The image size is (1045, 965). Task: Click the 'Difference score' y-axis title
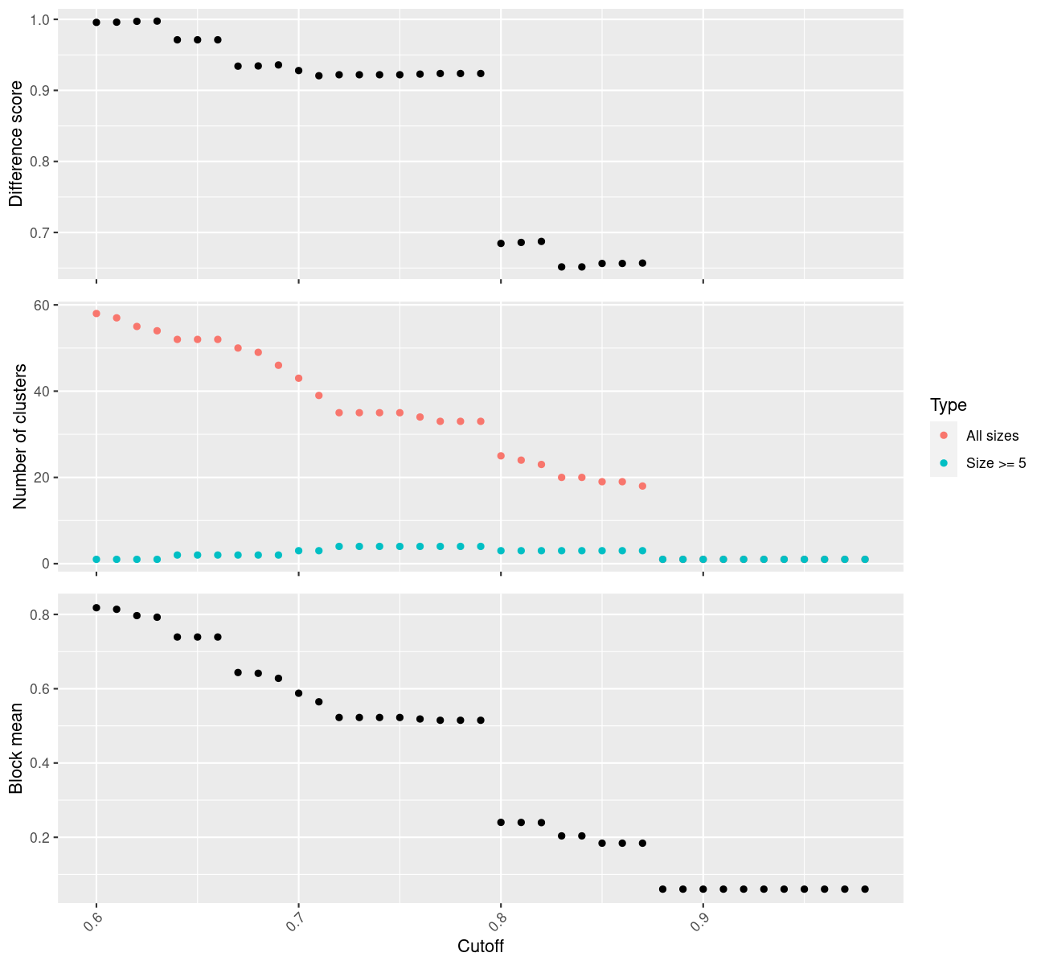(16, 144)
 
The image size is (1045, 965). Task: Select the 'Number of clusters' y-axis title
(21, 437)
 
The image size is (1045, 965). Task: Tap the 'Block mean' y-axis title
(16, 748)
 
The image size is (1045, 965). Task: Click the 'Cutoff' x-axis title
(481, 947)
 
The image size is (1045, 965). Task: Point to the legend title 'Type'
(948, 405)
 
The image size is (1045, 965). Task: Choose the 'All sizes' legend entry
(992, 436)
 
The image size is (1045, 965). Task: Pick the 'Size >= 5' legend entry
(996, 463)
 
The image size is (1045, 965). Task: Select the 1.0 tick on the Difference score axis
(38, 19)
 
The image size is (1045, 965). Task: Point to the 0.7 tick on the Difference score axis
(38, 232)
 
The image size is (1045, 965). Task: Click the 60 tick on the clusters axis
(41, 306)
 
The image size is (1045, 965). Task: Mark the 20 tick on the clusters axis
(41, 478)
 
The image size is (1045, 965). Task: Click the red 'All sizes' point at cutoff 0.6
(96, 314)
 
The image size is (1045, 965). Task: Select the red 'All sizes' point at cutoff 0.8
(501, 456)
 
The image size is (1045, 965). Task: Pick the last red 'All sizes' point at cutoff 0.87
(642, 486)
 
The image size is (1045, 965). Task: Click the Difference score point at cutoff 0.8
(501, 243)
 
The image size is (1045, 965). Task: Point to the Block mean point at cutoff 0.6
(96, 608)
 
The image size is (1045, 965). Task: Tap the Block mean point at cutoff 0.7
(298, 693)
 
